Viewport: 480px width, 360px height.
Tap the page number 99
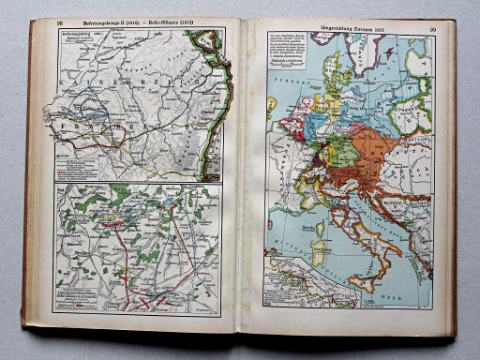(x=433, y=30)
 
